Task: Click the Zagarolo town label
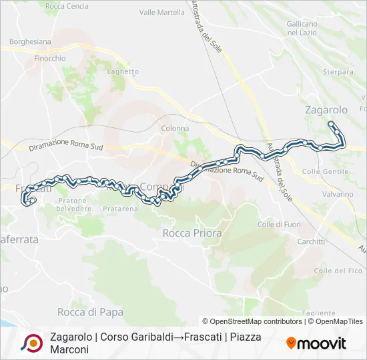tap(326, 110)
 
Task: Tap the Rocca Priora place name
tap(186, 233)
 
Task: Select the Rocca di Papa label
tap(90, 312)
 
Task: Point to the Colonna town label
tap(175, 128)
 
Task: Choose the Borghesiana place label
tap(30, 41)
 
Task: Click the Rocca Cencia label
tap(67, 7)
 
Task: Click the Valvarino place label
tap(337, 194)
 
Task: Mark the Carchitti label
tap(311, 241)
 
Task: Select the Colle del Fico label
tap(338, 271)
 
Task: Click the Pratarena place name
tap(120, 209)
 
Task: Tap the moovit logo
tap(316, 343)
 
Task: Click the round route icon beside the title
tap(31, 343)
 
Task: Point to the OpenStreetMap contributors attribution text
tap(253, 321)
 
